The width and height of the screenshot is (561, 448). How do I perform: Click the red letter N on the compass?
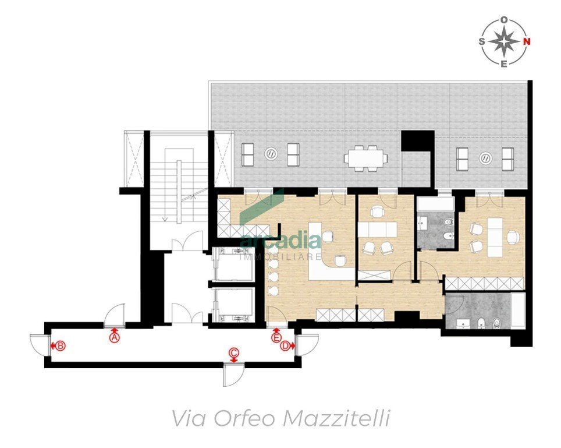[527, 41]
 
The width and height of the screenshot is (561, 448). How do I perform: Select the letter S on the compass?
[482, 41]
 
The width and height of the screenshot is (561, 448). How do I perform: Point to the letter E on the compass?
[504, 63]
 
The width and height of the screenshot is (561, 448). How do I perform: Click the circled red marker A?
[115, 336]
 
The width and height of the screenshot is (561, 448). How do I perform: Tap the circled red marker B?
[61, 345]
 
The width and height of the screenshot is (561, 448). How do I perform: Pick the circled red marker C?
[233, 352]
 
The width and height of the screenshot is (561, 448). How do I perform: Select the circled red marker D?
[285, 346]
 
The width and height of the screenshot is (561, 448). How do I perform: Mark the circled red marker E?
[276, 337]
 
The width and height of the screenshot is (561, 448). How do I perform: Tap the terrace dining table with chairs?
[365, 157]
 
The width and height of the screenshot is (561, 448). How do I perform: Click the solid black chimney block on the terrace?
[418, 140]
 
